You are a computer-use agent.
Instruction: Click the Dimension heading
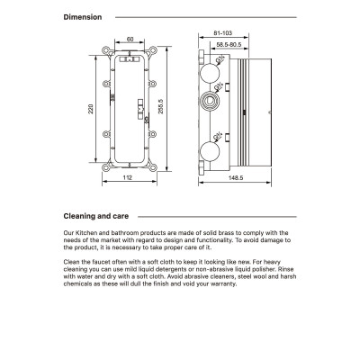pyautogui.click(x=83, y=17)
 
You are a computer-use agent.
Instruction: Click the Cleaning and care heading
pyautogui.click(x=96, y=216)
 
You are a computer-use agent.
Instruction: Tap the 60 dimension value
pyautogui.click(x=130, y=40)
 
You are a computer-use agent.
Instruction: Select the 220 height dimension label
pyautogui.click(x=91, y=109)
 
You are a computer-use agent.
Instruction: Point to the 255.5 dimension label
pyautogui.click(x=160, y=106)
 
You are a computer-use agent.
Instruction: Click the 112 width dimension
pyautogui.click(x=128, y=177)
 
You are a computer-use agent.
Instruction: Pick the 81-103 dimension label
pyautogui.click(x=223, y=33)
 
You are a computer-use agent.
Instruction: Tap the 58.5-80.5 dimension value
pyautogui.click(x=229, y=45)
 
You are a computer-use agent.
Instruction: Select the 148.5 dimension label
pyautogui.click(x=236, y=178)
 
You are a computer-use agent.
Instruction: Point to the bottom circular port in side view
pyautogui.click(x=210, y=151)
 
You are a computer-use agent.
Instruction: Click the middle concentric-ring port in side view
pyautogui.click(x=210, y=101)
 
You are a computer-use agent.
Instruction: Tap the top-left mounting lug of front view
pyautogui.click(x=107, y=50)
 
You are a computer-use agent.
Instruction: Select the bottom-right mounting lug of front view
pyautogui.click(x=152, y=166)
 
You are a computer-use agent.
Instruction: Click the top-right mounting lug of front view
pyautogui.click(x=152, y=50)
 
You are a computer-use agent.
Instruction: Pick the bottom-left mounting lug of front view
pyautogui.click(x=107, y=166)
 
